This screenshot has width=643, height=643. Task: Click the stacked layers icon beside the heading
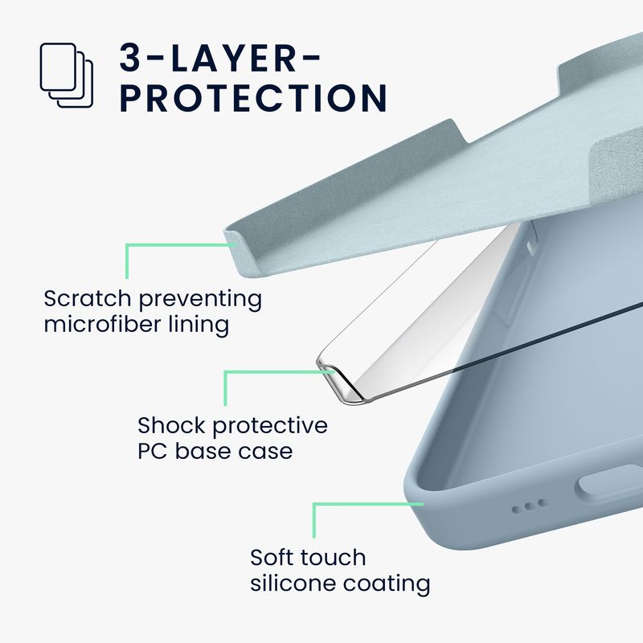tap(67, 76)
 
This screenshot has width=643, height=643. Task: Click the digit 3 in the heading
tap(130, 58)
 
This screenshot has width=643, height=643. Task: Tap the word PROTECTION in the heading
tap(253, 98)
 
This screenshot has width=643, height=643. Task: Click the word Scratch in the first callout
tap(88, 298)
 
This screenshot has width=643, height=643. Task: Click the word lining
tap(199, 326)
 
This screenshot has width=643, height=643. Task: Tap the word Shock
tap(171, 425)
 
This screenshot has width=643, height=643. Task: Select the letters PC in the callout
tap(152, 451)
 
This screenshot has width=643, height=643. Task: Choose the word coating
tap(387, 584)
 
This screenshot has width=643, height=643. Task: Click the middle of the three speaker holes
tap(530, 506)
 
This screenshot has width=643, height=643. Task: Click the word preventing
tap(200, 299)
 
